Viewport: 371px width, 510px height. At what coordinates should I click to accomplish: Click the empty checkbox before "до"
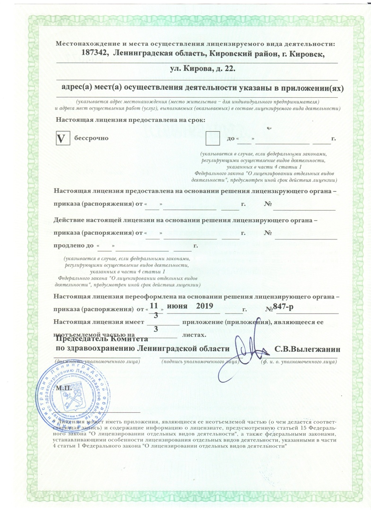(x=213, y=138)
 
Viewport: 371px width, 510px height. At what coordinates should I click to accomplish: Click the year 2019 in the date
(x=205, y=307)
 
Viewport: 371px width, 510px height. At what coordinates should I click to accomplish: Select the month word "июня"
(x=177, y=307)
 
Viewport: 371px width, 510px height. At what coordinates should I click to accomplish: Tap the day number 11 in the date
(x=153, y=306)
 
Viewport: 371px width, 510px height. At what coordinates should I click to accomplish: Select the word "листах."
(x=194, y=335)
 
